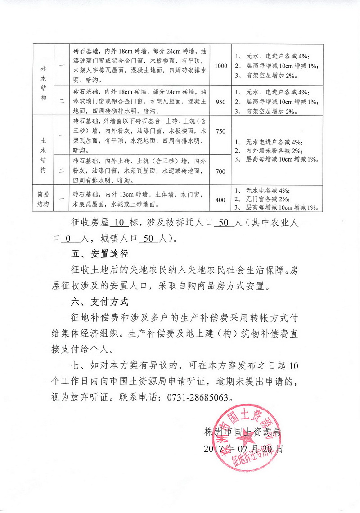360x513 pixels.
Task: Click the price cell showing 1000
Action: (221, 66)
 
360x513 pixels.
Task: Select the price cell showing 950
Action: (221, 102)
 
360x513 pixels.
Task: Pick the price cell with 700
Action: (221, 171)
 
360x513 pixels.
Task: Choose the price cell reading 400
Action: (221, 200)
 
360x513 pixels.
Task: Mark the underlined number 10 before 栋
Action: (119, 222)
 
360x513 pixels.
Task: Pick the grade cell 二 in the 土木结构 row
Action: (62, 171)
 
